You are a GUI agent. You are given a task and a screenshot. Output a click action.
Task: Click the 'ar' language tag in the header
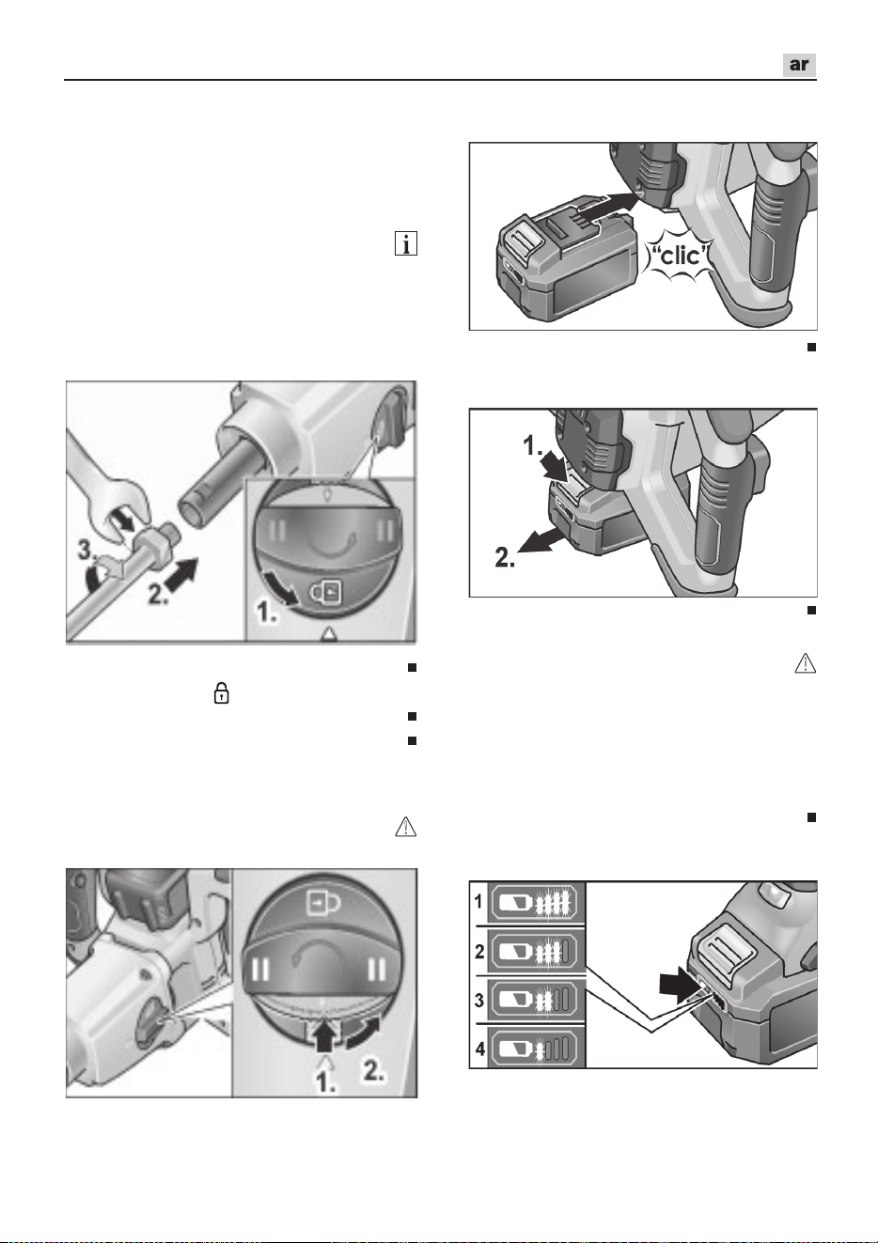tap(799, 65)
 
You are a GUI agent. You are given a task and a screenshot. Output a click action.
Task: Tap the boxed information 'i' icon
tap(406, 244)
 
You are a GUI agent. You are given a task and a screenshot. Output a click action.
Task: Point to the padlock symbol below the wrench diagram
tap(222, 693)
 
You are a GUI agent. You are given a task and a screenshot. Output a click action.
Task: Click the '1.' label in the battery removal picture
tap(534, 445)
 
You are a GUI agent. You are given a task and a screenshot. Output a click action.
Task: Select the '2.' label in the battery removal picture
tap(505, 557)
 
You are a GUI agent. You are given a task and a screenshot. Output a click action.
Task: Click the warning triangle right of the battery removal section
tap(806, 663)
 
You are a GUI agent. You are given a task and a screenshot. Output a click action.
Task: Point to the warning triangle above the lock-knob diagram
tap(405, 826)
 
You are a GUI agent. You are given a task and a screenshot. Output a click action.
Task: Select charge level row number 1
tap(478, 902)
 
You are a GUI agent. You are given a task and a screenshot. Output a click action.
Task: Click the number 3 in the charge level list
tap(478, 1001)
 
